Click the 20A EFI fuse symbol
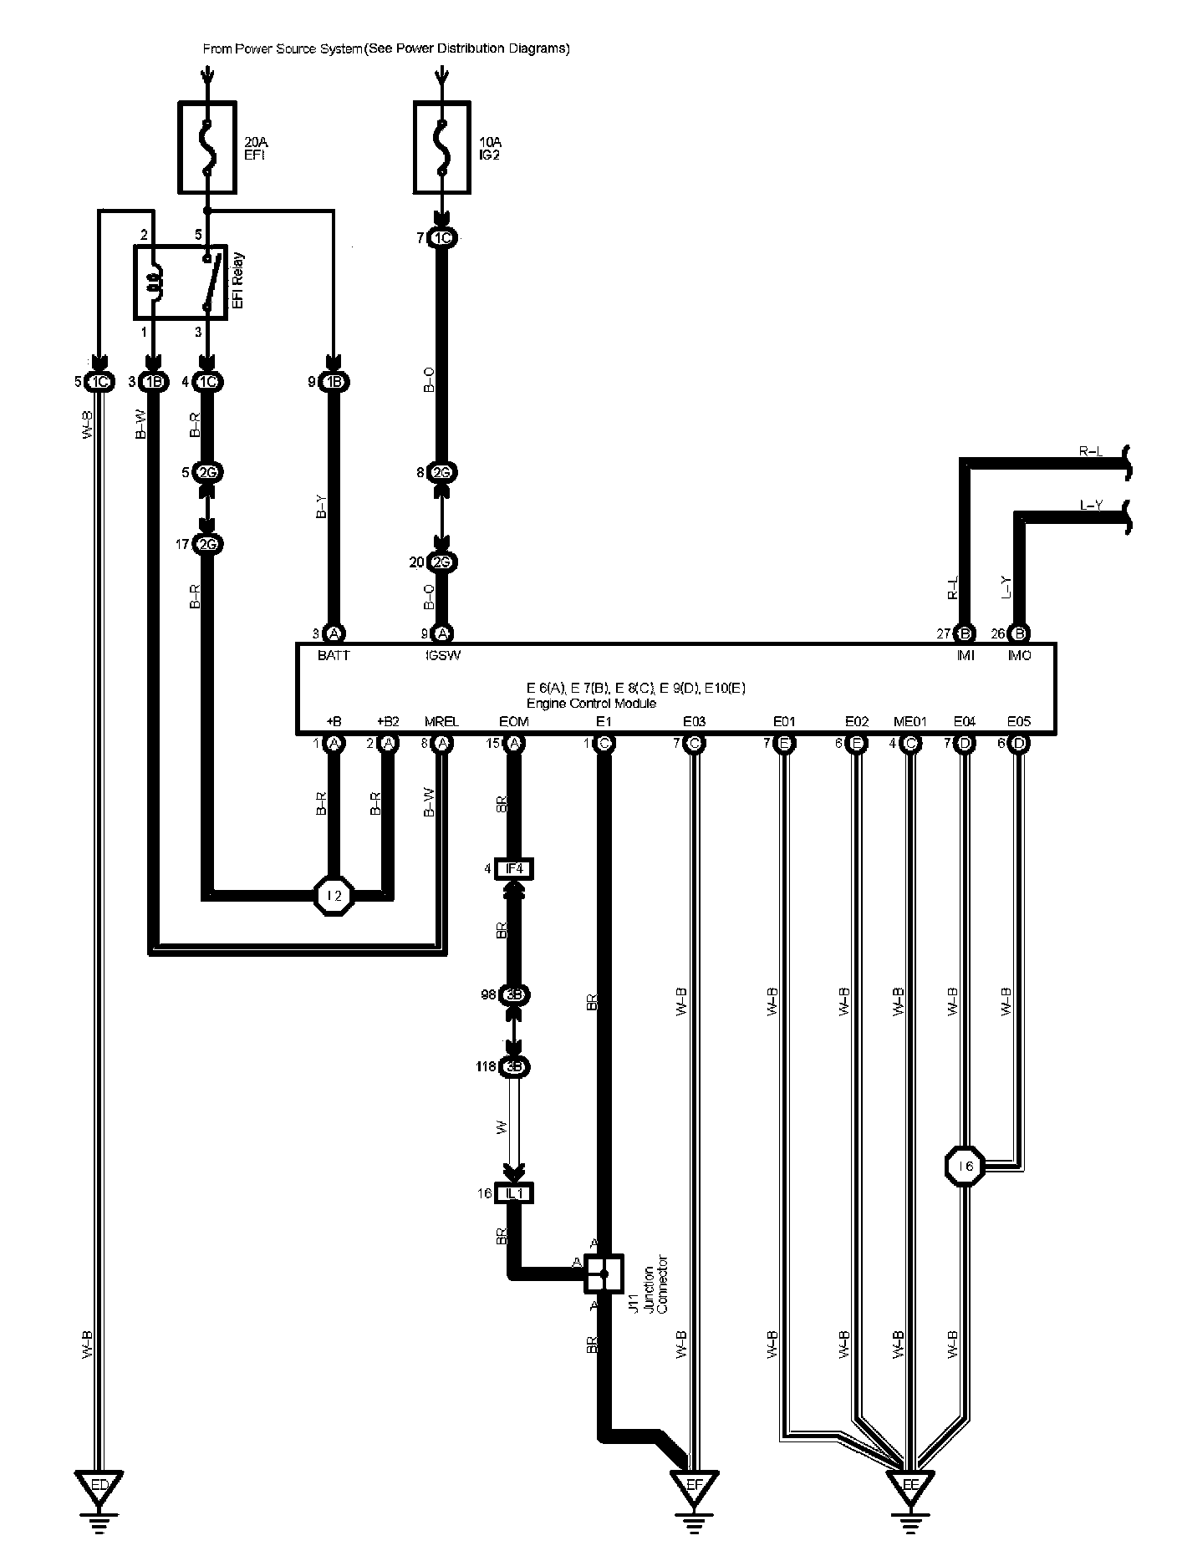coord(207,147)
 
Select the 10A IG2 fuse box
coord(442,147)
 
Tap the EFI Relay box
coord(181,282)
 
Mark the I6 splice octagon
coord(966,1167)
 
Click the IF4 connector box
coord(513,869)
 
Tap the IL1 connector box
coord(513,1193)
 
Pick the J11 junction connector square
coord(604,1274)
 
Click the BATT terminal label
coord(334,656)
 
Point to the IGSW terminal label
coord(442,656)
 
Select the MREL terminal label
coord(441,721)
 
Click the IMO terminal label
coord(1019,656)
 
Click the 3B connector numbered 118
coord(513,1067)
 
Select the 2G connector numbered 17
coord(207,545)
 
